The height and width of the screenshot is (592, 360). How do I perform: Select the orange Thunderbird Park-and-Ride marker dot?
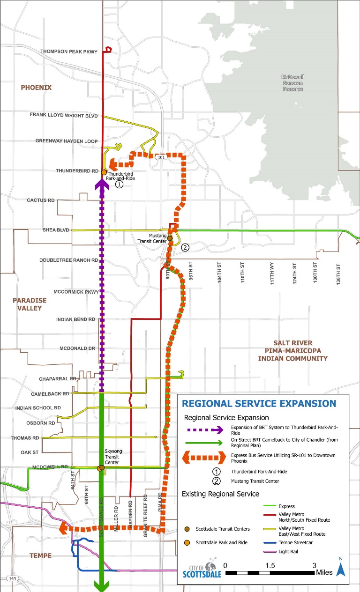click(104, 172)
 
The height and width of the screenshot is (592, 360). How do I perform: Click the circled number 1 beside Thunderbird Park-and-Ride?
click(119, 185)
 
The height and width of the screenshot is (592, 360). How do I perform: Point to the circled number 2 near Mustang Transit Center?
click(185, 247)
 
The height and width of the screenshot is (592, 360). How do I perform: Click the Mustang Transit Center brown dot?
click(170, 238)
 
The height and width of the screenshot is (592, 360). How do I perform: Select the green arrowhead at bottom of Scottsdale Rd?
click(102, 585)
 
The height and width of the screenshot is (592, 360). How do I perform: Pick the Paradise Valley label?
click(27, 304)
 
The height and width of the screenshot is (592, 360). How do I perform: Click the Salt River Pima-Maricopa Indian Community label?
click(292, 351)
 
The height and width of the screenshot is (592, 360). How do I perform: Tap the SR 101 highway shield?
click(161, 158)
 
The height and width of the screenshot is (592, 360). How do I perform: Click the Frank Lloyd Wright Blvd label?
click(63, 115)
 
